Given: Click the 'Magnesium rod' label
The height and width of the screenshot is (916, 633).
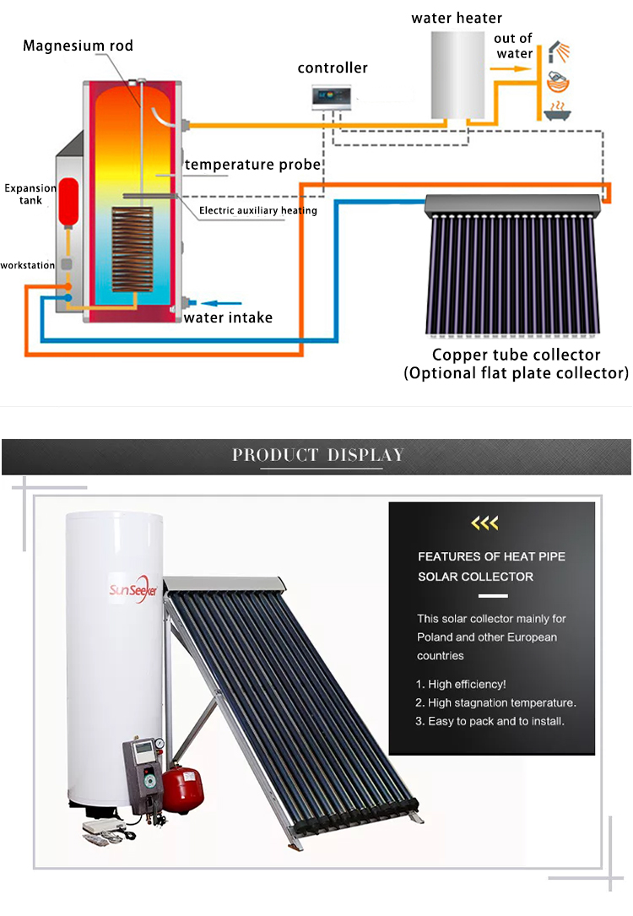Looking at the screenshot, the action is pos(78,46).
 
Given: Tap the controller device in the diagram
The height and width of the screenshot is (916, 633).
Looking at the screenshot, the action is pos(332,98).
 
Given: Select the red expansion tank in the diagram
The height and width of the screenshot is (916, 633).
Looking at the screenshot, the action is pos(68,202).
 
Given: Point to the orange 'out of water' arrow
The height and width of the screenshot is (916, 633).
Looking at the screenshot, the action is pos(511,69).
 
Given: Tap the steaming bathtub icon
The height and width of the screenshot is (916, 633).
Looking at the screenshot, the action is pos(558,111).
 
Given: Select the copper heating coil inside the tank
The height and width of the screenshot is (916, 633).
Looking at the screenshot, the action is pos(132,249).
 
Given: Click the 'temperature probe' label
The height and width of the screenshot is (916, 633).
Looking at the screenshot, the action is pos(252,165).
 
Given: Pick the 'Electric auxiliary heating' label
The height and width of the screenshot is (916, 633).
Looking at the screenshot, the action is pos(258,210).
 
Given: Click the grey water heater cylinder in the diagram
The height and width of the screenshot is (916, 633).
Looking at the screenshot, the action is pos(457,75).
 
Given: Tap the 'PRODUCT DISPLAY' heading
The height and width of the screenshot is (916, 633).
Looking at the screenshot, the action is pos(318,455).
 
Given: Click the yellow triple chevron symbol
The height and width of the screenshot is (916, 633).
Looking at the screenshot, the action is pos(484,523).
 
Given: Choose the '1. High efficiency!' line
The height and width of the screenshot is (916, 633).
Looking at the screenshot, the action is pos(461,684).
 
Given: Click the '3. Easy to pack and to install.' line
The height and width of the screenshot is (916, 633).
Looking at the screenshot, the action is pos(490,722).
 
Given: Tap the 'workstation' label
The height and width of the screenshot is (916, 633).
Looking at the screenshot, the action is pos(28,265).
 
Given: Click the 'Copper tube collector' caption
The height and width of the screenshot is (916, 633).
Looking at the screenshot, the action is pos(517,355).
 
